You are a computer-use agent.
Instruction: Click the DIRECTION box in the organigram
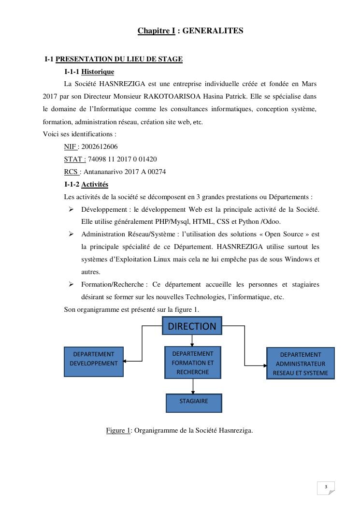click(192, 326)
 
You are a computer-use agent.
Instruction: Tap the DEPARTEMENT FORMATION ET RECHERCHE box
click(192, 363)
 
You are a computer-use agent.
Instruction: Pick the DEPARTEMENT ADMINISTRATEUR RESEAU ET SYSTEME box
click(300, 364)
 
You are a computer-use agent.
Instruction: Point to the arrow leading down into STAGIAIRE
click(193, 386)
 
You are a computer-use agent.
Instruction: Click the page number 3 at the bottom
click(326, 487)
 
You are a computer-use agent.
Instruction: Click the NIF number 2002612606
click(100, 146)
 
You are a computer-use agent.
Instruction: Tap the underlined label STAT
click(74, 159)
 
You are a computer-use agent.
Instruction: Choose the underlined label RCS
click(72, 172)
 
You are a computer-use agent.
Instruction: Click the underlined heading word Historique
click(98, 72)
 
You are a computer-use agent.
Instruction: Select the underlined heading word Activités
click(95, 184)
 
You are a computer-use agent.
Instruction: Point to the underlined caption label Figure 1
click(118, 430)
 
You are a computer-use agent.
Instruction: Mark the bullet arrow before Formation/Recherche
click(71, 284)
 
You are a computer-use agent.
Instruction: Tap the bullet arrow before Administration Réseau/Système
click(71, 234)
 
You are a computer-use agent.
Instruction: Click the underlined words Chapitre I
click(156, 31)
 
